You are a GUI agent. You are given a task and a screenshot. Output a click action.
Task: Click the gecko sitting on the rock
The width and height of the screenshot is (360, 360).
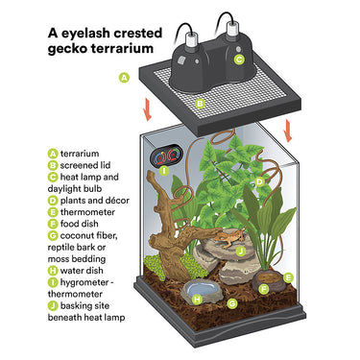(229, 238)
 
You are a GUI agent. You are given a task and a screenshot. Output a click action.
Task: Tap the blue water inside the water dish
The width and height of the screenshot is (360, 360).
(199, 289)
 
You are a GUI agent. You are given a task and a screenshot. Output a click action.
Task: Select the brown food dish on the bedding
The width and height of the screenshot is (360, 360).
(266, 280)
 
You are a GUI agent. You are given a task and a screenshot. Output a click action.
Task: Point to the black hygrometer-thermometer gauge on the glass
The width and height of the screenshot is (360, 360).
(165, 156)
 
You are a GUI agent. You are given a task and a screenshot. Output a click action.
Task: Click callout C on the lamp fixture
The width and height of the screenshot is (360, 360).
(239, 60)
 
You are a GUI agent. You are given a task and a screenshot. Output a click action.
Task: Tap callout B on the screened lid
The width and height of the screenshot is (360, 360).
(200, 104)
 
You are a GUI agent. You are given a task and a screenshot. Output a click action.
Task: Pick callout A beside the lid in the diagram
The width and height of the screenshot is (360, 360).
(124, 78)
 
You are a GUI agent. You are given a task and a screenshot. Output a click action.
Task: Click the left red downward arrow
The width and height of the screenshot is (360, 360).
(148, 109)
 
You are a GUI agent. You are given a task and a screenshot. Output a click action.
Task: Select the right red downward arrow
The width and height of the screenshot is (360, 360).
(289, 131)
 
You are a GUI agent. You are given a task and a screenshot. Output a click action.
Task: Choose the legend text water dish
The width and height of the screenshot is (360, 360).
(82, 271)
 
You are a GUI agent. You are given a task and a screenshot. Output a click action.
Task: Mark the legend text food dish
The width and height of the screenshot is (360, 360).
(79, 224)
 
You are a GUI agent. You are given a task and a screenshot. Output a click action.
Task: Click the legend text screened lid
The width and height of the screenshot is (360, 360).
(85, 165)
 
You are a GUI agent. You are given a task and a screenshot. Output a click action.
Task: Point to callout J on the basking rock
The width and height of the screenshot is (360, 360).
(241, 252)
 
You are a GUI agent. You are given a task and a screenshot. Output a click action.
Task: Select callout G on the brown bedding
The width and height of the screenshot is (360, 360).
(232, 303)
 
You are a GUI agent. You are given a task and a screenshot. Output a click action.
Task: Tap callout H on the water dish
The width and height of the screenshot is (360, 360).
(198, 300)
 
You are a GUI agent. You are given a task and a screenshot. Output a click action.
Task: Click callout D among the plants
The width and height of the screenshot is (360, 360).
(259, 182)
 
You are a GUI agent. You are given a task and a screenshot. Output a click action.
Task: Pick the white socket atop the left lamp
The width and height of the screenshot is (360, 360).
(191, 38)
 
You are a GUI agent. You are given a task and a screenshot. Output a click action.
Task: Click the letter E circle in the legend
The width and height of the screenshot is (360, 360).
(53, 212)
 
